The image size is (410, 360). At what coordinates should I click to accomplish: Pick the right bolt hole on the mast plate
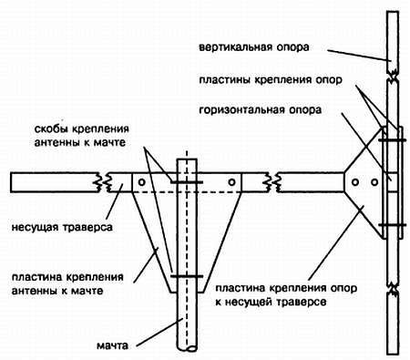(x=233, y=184)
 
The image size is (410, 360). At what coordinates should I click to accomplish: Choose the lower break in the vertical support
(x=389, y=291)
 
